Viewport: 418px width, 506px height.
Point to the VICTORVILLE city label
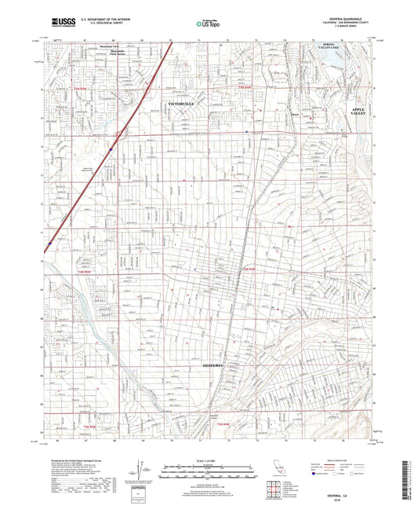pos(180,103)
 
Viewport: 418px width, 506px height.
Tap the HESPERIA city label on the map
pos(212,366)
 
